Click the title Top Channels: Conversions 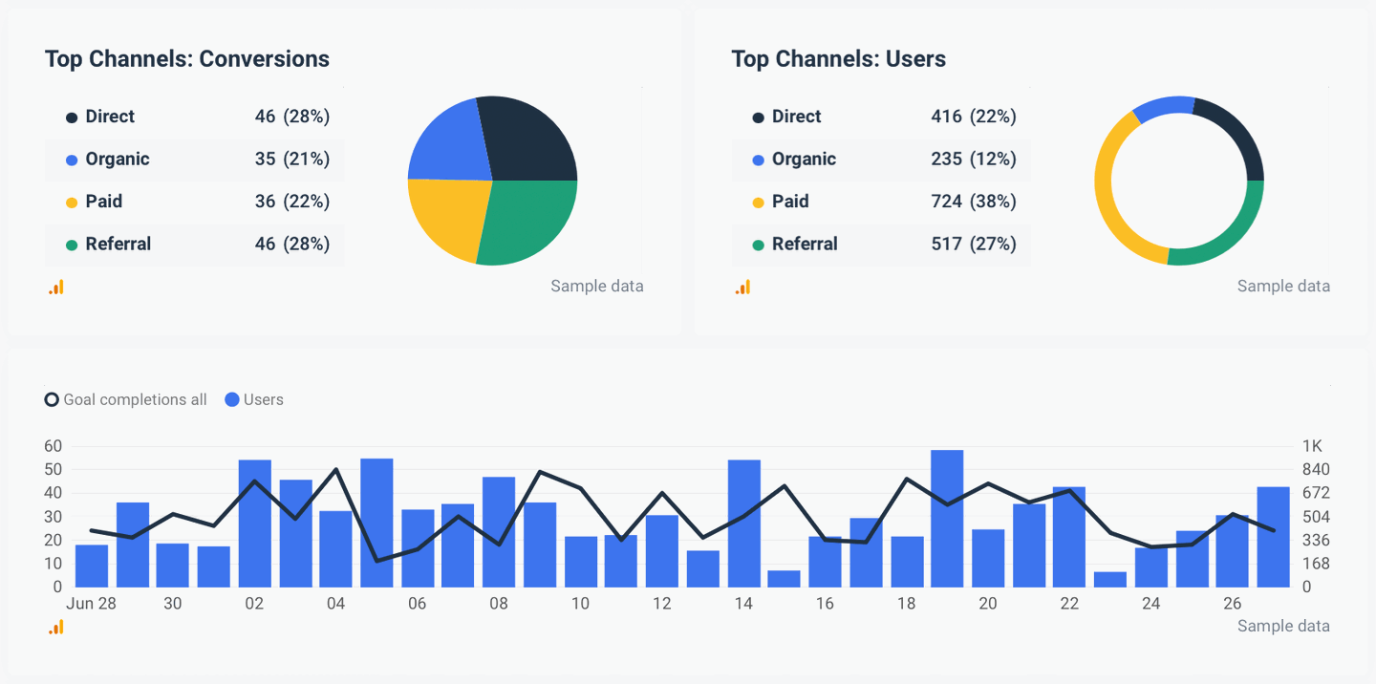point(186,59)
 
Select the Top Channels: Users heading point(838,59)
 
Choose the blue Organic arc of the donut point(1161,106)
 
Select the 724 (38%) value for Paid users point(973,202)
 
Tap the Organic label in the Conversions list point(117,160)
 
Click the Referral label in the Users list point(804,245)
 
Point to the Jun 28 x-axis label point(91,604)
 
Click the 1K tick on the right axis point(1312,446)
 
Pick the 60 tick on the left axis point(53,446)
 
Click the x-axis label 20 point(987,604)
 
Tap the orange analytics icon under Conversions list point(56,287)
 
